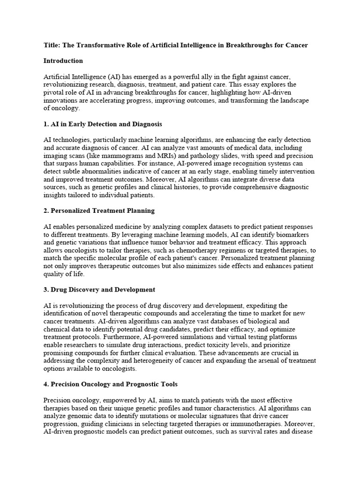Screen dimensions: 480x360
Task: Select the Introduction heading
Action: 63,61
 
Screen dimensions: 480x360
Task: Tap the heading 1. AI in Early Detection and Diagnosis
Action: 103,124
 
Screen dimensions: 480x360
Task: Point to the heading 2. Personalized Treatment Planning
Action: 99,210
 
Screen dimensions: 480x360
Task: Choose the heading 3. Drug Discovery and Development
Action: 99,290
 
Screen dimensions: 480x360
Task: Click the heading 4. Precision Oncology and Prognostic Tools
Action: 110,384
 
